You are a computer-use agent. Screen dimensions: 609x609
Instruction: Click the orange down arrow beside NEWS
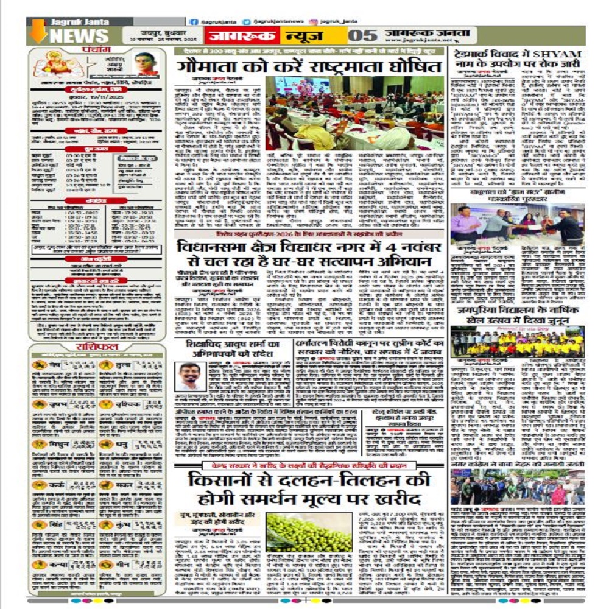point(38,31)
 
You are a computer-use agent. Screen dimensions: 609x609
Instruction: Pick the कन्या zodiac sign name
point(58,565)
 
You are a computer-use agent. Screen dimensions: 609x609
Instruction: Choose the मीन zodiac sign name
point(122,565)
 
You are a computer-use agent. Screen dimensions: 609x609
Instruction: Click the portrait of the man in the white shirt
point(191,376)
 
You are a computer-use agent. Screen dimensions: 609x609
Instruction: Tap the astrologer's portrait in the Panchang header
point(146,63)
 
